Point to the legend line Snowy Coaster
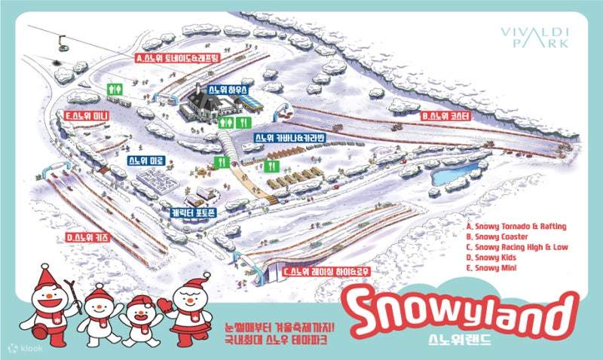pos(494,236)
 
